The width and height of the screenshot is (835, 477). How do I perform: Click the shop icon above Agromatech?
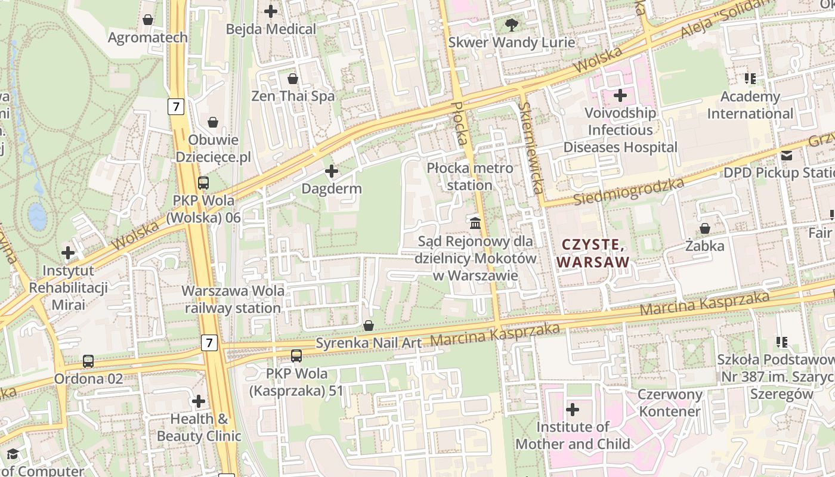148,20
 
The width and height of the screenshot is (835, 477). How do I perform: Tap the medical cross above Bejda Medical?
271,11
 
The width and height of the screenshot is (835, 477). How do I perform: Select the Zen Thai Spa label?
293,96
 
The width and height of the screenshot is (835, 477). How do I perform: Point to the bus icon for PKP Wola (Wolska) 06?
203,182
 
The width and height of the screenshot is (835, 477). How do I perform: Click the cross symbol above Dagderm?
331,172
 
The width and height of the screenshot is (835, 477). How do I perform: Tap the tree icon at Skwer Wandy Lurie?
511,24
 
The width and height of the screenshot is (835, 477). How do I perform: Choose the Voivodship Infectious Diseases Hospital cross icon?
620,95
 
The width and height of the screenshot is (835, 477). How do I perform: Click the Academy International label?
750,105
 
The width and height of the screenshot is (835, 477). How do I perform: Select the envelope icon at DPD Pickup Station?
787,156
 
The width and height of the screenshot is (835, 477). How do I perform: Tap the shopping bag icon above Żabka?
704,228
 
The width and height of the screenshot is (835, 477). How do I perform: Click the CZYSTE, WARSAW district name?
593,253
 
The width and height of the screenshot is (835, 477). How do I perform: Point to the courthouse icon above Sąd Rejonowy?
475,224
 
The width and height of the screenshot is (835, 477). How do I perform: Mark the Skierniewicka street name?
530,147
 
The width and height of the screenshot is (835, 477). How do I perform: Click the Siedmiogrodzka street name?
628,191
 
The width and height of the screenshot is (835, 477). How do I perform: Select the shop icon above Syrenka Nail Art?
369,326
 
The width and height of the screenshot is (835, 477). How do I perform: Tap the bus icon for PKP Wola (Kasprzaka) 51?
296,356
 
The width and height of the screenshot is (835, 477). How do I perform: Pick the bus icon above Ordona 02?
88,361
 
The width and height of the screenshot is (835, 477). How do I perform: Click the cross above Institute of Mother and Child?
573,410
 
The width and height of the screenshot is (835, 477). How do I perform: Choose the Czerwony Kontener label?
670,403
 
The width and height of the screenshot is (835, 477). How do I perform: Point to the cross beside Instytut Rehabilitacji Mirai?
68,253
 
